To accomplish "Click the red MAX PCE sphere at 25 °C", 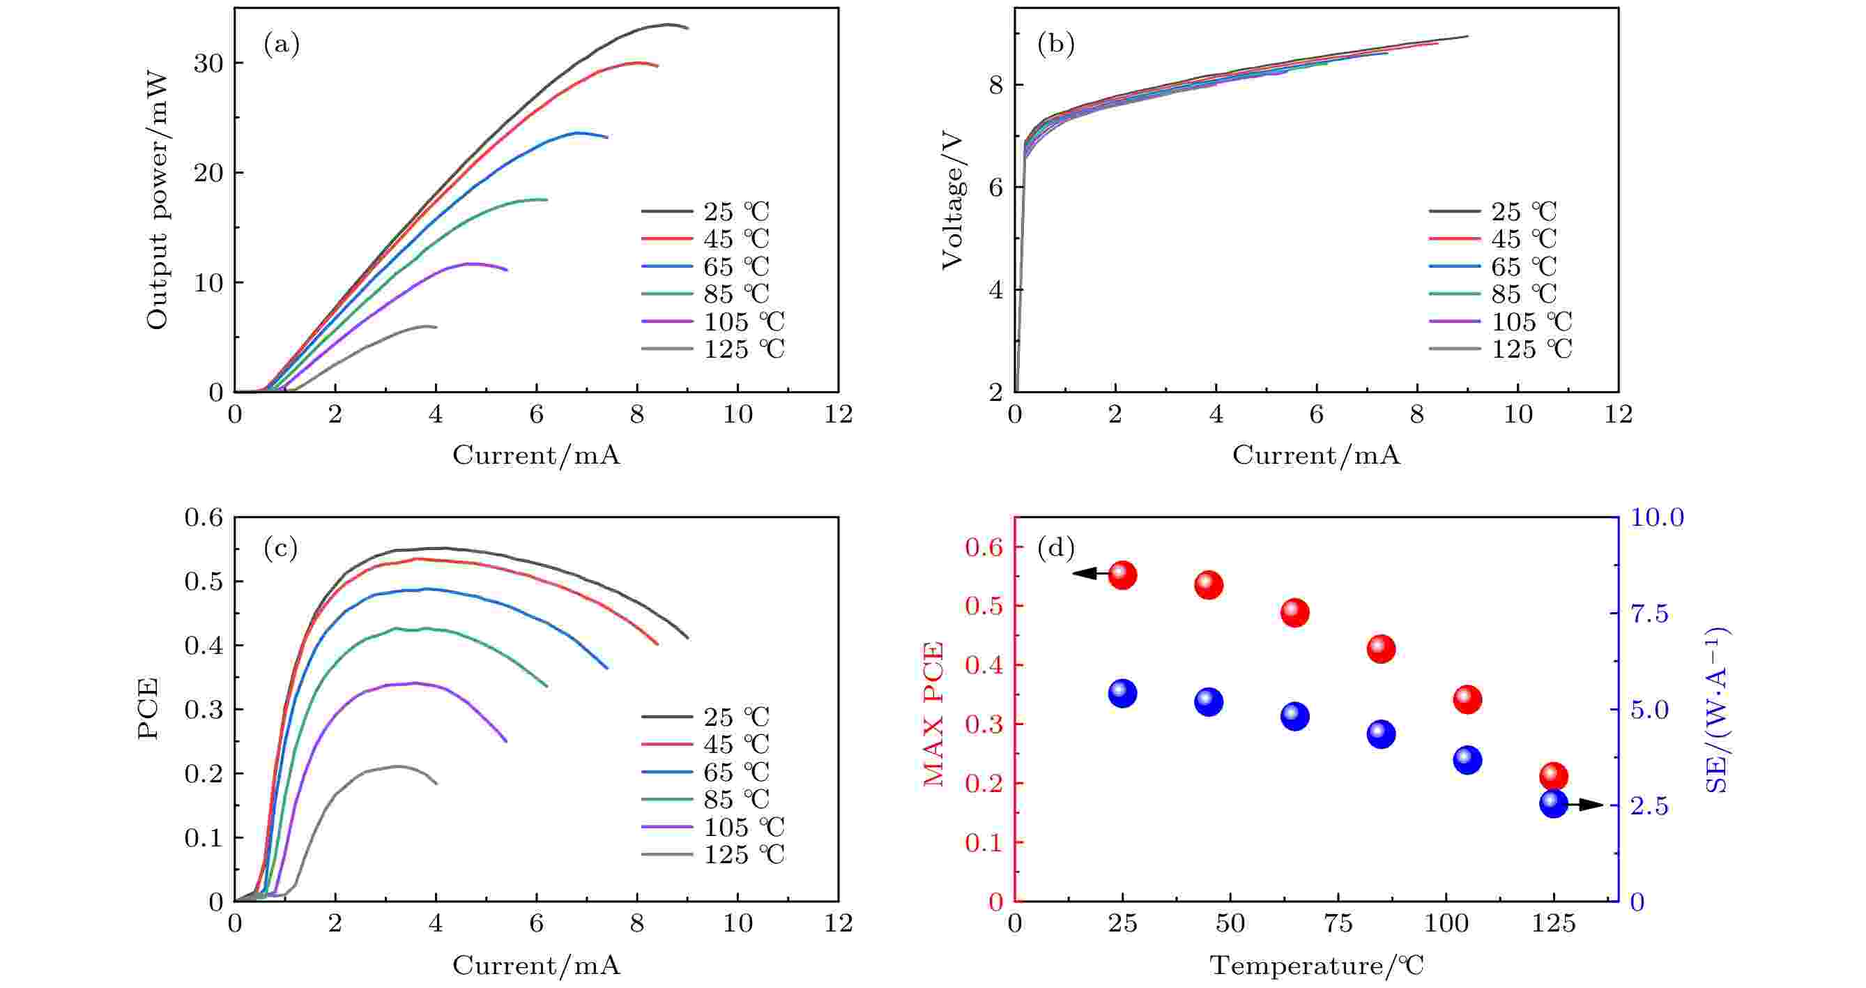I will coord(1122,576).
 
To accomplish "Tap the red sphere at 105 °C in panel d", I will coord(1467,700).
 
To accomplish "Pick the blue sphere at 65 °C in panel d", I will coord(1294,716).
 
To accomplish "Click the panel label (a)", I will coord(281,45).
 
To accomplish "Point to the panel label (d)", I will coord(1056,548).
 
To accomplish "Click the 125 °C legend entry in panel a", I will coord(713,349).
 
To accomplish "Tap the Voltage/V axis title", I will coord(953,200).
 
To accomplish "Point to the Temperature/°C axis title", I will coord(1316,966).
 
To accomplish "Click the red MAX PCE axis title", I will coord(935,714).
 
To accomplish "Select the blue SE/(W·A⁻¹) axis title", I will coord(1716,710).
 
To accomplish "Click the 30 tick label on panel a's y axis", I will coord(208,63).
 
